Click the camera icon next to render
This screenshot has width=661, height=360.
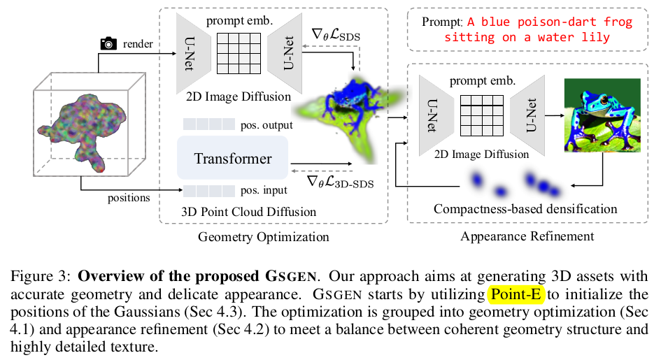pyautogui.click(x=108, y=44)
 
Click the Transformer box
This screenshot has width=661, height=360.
pyautogui.click(x=233, y=158)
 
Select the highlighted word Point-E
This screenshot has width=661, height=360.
pyautogui.click(x=515, y=294)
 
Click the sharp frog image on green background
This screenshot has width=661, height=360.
pyautogui.click(x=602, y=115)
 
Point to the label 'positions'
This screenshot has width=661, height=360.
pyautogui.click(x=129, y=198)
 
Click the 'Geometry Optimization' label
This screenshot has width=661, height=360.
pyautogui.click(x=269, y=236)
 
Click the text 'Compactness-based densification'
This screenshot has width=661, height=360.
pyautogui.click(x=525, y=208)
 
